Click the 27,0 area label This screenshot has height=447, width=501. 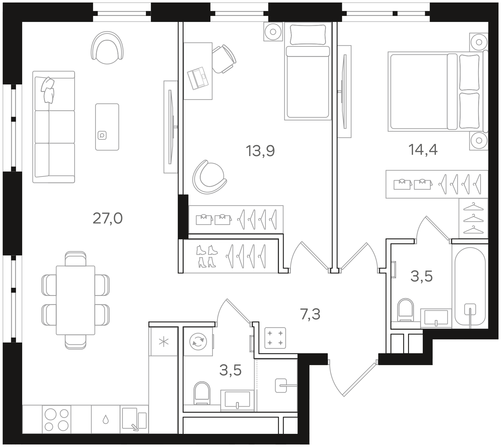click(x=107, y=218)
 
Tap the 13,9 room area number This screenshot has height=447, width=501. click(x=260, y=151)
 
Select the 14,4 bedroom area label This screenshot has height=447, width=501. click(x=423, y=150)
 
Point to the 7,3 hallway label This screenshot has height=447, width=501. click(x=310, y=314)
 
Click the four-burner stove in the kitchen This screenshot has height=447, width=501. click(x=56, y=419)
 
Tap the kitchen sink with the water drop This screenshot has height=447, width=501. click(x=106, y=419)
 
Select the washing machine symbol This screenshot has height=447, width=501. click(x=198, y=341)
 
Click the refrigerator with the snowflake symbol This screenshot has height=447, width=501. click(x=163, y=341)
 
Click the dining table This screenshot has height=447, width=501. click(x=75, y=300)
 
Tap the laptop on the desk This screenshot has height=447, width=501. click(x=198, y=78)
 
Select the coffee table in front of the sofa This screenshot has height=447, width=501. click(x=107, y=127)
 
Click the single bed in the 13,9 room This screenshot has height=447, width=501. click(x=308, y=71)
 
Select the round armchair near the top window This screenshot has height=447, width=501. click(x=107, y=48)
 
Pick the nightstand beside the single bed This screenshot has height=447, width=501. click(x=273, y=32)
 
